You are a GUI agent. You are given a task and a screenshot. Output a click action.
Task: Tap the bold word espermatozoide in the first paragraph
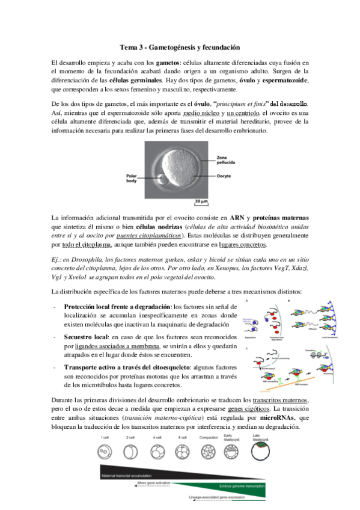point(282,80)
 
